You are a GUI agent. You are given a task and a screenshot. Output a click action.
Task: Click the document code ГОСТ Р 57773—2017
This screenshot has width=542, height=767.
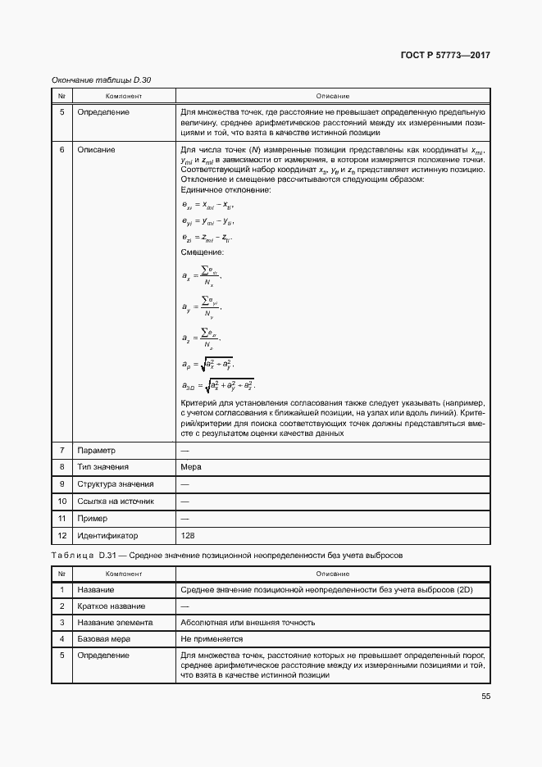tap(445, 56)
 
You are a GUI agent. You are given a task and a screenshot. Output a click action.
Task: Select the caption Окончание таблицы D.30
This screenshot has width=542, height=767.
tap(102, 79)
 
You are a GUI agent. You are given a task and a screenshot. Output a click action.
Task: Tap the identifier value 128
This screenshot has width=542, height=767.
tap(188, 534)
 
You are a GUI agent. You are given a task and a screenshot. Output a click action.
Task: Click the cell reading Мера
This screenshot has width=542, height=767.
tap(190, 467)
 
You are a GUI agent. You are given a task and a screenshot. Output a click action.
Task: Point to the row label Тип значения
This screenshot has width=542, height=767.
tap(102, 467)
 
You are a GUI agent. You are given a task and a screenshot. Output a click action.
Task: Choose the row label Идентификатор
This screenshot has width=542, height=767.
tap(108, 534)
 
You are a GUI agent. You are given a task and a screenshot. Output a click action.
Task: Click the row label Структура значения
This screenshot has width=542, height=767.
tap(115, 484)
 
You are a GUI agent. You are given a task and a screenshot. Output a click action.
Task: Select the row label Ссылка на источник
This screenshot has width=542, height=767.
tap(116, 501)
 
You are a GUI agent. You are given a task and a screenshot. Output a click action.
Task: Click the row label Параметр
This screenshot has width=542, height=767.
tap(97, 450)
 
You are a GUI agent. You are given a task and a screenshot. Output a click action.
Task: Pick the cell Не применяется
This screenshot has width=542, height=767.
tap(212, 638)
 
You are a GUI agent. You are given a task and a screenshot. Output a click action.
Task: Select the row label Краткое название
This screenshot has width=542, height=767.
tap(112, 606)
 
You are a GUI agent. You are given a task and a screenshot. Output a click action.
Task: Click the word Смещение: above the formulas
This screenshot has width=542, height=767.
tap(202, 252)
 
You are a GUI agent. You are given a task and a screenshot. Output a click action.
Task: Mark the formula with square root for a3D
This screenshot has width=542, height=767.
tap(218, 384)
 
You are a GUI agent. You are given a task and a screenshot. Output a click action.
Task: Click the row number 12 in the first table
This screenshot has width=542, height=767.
tap(61, 534)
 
